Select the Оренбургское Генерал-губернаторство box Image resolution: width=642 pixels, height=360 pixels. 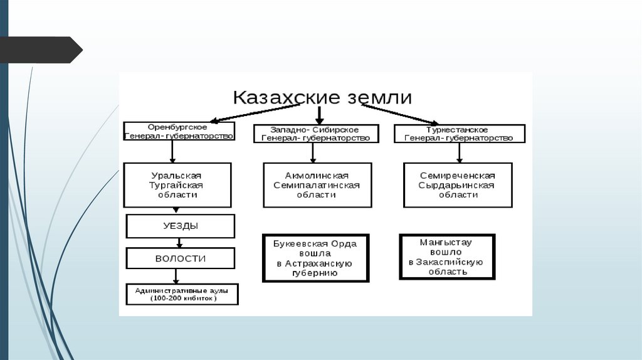179,131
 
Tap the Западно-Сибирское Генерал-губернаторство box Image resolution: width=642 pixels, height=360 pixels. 316,134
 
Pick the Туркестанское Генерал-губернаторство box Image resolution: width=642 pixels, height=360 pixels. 459,134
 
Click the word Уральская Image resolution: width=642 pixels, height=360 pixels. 177,176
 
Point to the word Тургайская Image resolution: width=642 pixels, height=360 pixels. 177,185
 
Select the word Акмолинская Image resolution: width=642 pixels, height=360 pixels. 317,176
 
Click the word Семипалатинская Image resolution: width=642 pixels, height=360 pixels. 317,185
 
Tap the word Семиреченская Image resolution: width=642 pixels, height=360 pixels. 458,176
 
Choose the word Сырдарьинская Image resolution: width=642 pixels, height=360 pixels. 458,185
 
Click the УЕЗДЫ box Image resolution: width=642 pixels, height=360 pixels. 181,226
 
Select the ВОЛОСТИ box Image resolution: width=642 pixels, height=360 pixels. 181,258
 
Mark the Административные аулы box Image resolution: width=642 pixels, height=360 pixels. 182,295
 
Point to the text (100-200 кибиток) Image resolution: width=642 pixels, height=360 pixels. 182,299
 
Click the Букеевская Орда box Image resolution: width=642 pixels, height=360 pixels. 315,258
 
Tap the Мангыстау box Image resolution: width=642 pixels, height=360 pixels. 447,257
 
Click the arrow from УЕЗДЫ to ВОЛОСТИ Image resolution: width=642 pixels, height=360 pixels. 180,243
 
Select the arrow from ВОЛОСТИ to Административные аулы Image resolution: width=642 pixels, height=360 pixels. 176,276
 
